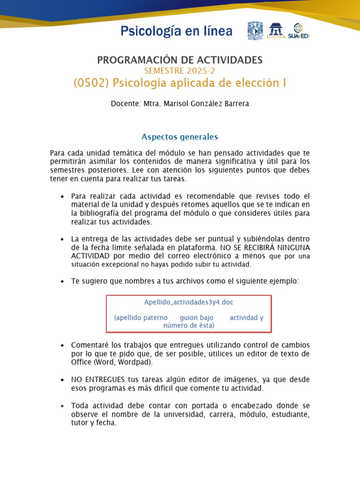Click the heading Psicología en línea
(x=176, y=31)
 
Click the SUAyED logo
(x=299, y=31)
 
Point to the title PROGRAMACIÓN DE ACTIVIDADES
(x=180, y=60)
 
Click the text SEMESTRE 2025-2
(x=180, y=71)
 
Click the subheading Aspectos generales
(x=180, y=137)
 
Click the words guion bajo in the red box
(x=196, y=318)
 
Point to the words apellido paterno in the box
(x=141, y=318)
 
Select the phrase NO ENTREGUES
(x=98, y=379)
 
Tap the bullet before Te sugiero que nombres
(x=62, y=281)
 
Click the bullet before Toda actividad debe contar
(x=62, y=406)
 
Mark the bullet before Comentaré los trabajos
(x=62, y=345)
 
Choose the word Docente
(x=124, y=104)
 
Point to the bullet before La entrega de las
(x=62, y=240)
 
